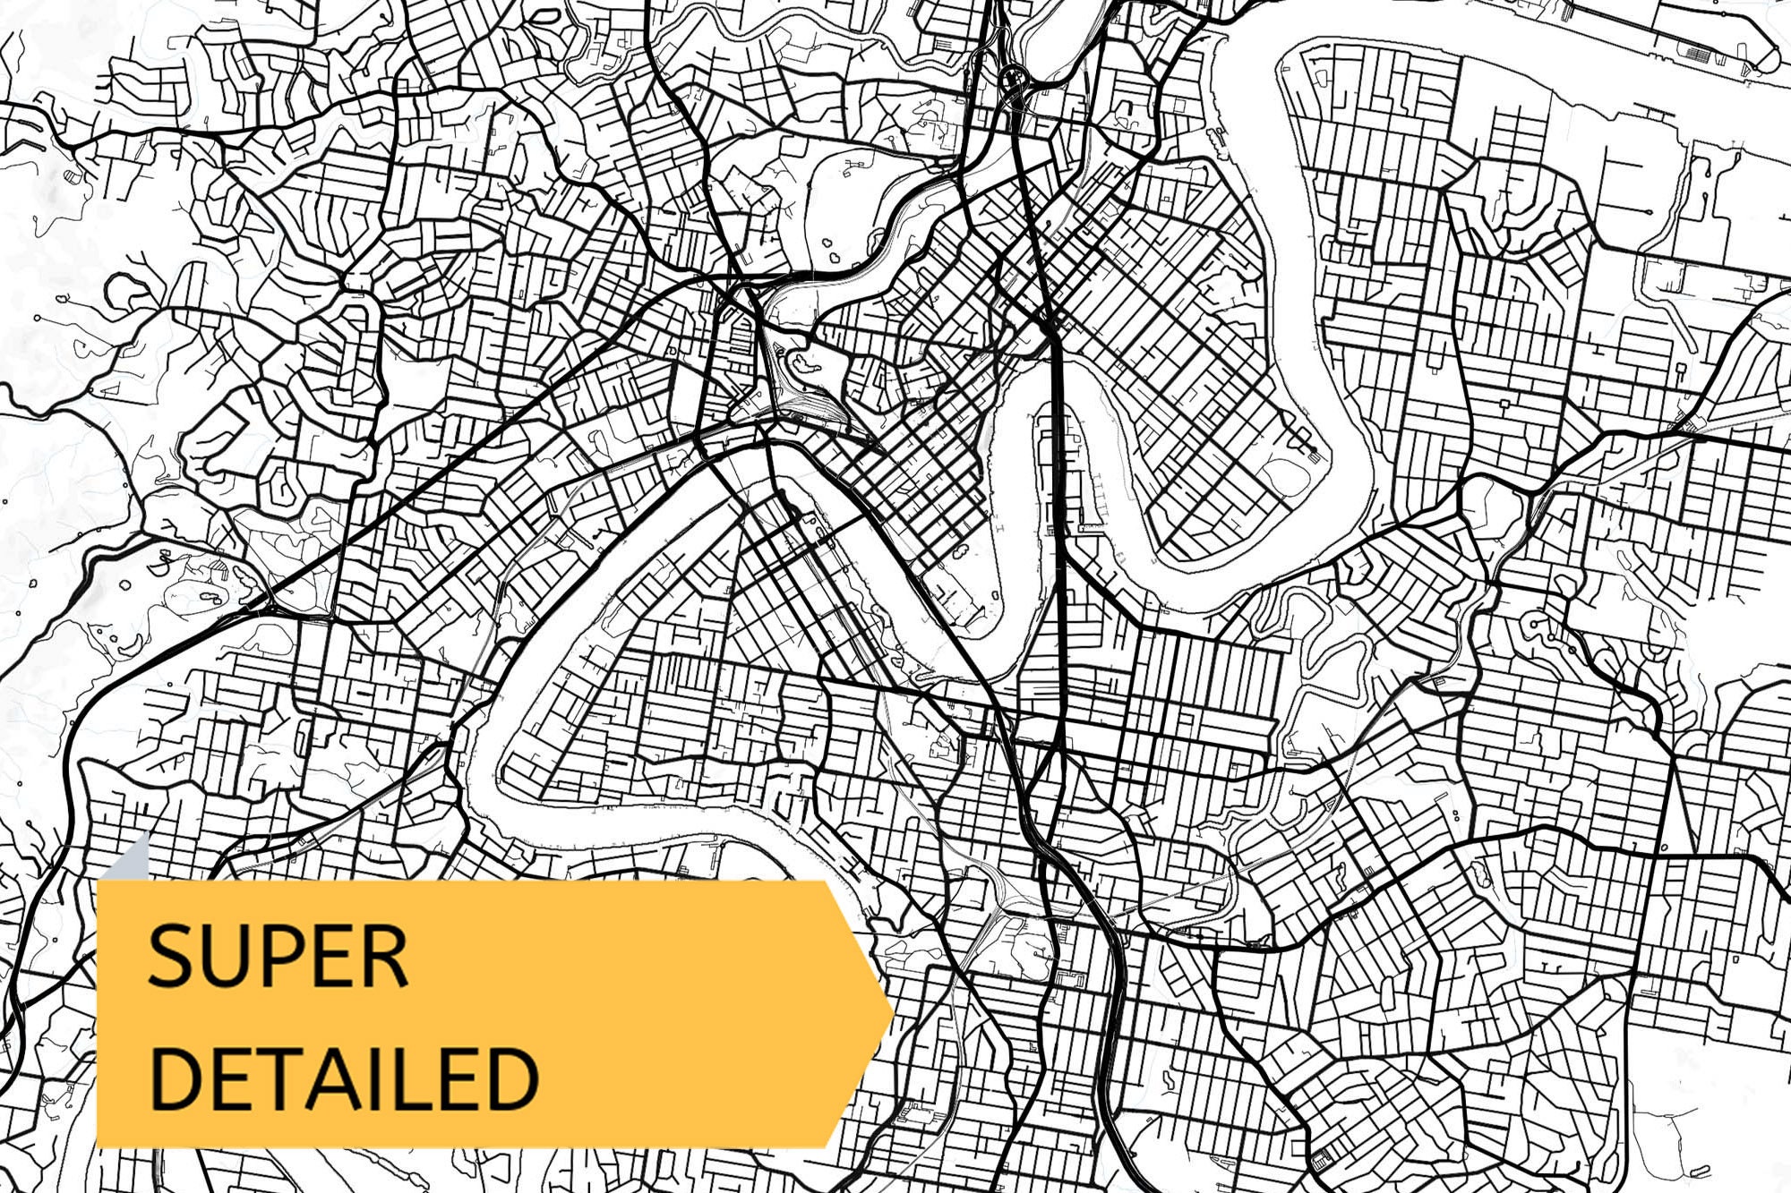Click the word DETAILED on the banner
344,1078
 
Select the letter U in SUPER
225,957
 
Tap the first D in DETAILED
174,1078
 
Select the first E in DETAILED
227,1078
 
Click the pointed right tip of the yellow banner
890,1014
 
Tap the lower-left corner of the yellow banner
99,1144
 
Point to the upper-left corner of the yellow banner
99,883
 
